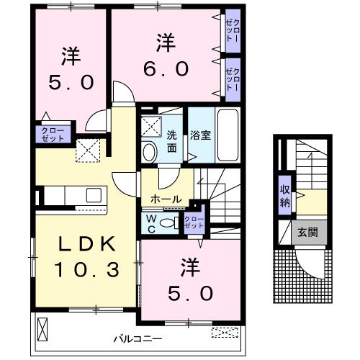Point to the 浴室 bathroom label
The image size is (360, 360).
(199, 133)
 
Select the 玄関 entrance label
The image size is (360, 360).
(307, 233)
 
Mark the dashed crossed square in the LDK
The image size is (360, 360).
(87, 151)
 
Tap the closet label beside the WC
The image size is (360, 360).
(194, 222)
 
